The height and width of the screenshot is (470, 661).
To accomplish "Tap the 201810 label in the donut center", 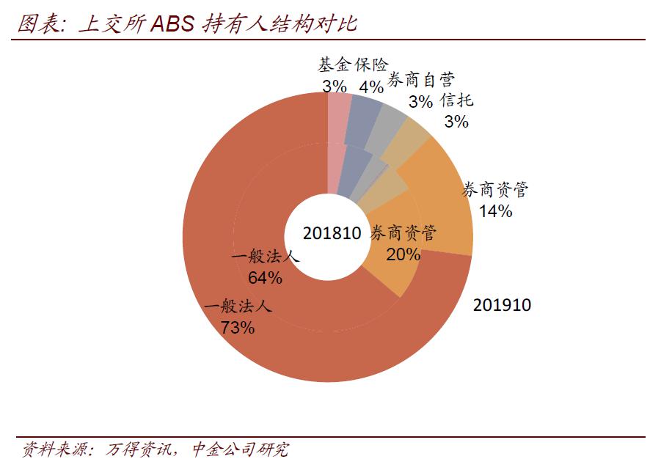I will tap(332, 233).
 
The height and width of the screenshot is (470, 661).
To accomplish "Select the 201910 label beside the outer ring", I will tap(502, 305).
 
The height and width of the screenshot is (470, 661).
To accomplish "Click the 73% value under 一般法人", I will tap(237, 328).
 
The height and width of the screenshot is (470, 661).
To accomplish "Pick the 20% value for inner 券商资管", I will tap(403, 254).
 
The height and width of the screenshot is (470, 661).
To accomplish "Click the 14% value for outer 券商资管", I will tap(495, 211).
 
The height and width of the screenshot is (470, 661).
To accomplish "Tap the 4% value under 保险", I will tap(371, 87).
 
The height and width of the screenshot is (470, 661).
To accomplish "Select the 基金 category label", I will tap(335, 65).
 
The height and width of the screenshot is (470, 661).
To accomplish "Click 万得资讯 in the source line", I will tap(139, 449).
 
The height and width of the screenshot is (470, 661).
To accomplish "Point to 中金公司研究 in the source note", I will tap(239, 449).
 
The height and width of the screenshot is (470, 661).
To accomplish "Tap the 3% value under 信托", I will tap(456, 122).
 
